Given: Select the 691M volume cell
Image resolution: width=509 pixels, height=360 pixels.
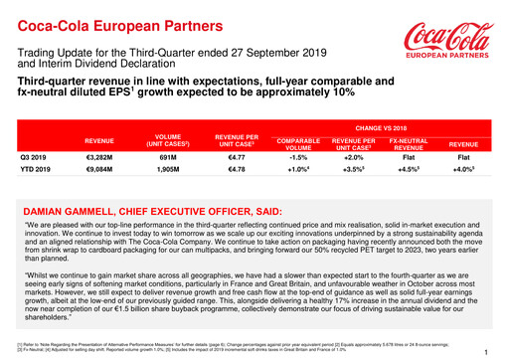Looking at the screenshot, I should (168, 157).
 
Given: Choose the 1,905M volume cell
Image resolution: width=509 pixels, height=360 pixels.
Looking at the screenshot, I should (168, 170).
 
